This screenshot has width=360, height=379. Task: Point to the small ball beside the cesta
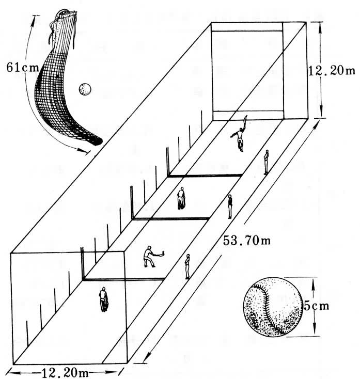(x=84, y=89)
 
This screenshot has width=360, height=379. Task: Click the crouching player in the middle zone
(x=181, y=198)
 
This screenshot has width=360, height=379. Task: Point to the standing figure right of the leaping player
(x=267, y=162)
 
